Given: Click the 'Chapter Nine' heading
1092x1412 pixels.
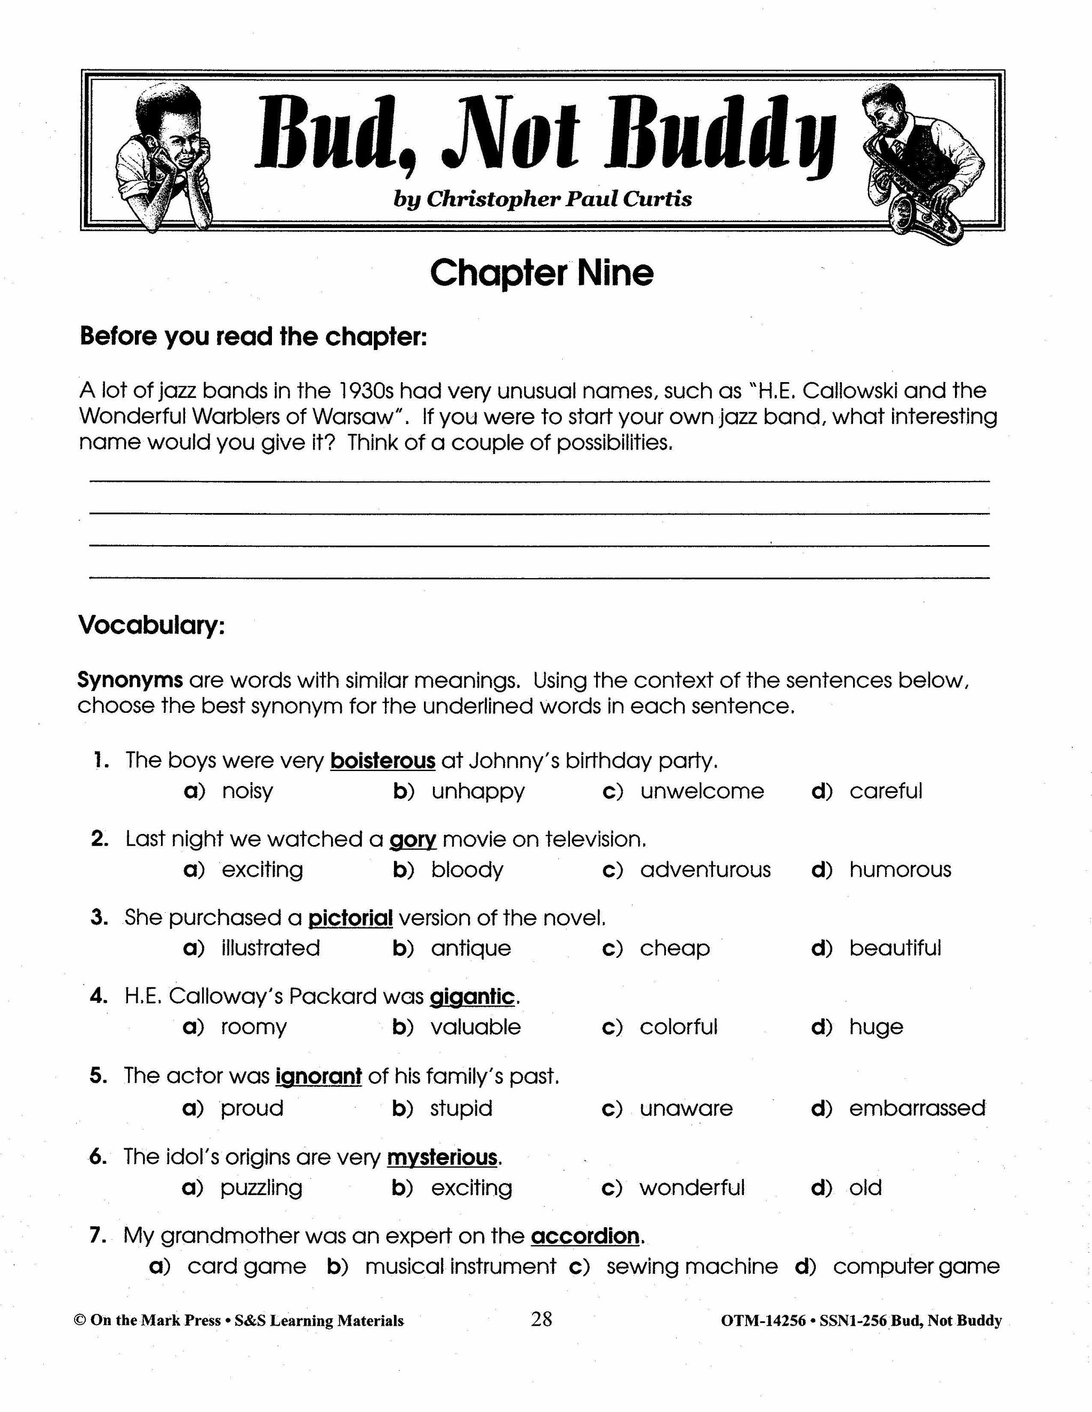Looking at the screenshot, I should (542, 273).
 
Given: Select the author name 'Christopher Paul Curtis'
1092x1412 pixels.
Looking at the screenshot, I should (559, 199).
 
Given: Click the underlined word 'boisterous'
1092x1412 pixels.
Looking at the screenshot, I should (382, 760).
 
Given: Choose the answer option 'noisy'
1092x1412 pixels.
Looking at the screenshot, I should (247, 791).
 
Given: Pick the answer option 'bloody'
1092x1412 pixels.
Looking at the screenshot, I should (467, 870).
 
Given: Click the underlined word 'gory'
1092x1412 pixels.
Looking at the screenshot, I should (413, 839).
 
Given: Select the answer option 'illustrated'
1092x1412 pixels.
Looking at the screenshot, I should (270, 948).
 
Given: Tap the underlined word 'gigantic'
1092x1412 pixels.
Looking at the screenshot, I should (472, 996).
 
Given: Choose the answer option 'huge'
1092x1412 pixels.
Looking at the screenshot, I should (876, 1027).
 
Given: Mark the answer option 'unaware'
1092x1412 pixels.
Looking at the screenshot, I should (686, 1108).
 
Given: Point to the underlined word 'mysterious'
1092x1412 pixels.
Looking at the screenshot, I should (443, 1157).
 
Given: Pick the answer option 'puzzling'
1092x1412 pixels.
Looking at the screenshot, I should (261, 1188).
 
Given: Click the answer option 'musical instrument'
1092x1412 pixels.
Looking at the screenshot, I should (460, 1266).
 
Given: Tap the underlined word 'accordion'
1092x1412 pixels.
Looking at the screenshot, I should (585, 1236).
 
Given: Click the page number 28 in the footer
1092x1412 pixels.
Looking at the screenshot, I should (542, 1319).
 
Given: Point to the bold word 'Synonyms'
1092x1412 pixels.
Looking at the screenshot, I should (130, 680).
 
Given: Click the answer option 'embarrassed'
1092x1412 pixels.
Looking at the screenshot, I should (917, 1108).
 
